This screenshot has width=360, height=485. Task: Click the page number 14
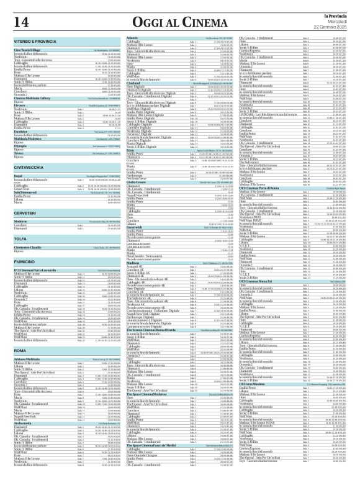[x=20, y=22]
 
